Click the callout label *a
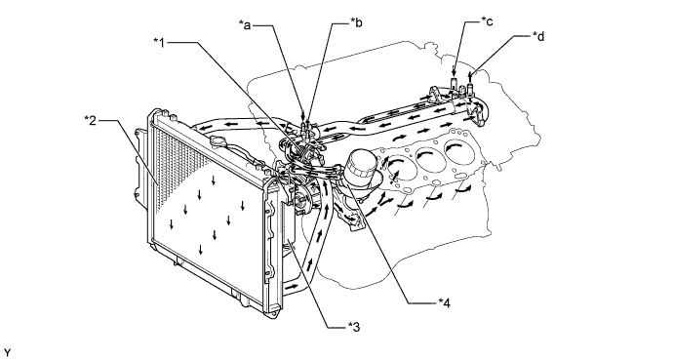245,25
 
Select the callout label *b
356,22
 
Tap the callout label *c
487,21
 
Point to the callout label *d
538,36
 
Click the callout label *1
159,42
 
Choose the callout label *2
90,120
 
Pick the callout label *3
354,327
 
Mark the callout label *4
444,302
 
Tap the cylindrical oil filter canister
360,168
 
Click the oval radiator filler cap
219,141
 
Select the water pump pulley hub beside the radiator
300,200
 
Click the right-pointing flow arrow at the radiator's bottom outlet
291,285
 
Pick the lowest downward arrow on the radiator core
200,250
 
